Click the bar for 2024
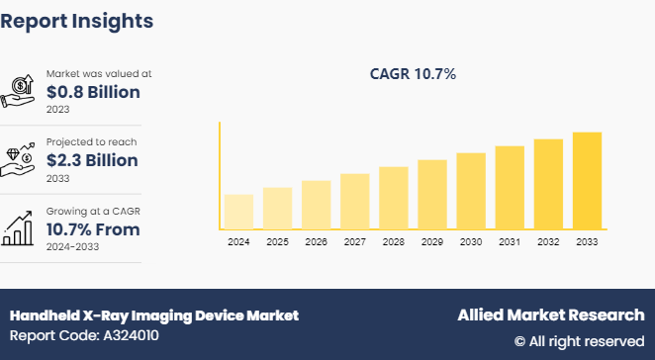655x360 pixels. pyautogui.click(x=238, y=212)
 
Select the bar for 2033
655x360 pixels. pyautogui.click(x=587, y=181)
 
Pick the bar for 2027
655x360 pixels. pyautogui.click(x=354, y=202)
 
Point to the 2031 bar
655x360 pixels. pyautogui.click(x=510, y=188)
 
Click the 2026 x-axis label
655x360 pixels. pyautogui.click(x=316, y=241)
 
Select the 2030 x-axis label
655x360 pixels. pyautogui.click(x=471, y=241)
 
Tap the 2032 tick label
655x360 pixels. pyautogui.click(x=548, y=241)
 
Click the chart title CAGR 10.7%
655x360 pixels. pyautogui.click(x=413, y=73)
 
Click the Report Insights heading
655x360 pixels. pyautogui.click(x=77, y=20)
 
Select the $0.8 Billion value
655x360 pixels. pyautogui.click(x=92, y=92)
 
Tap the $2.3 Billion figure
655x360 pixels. pyautogui.click(x=92, y=160)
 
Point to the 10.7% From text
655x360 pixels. pyautogui.click(x=93, y=229)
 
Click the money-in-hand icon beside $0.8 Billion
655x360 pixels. pyautogui.click(x=21, y=91)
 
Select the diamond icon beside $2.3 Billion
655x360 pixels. pyautogui.click(x=21, y=159)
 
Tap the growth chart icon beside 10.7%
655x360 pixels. pyautogui.click(x=21, y=226)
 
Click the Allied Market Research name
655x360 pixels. pyautogui.click(x=550, y=315)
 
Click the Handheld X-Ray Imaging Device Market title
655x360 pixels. pyautogui.click(x=153, y=315)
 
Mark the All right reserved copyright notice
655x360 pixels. pyautogui.click(x=579, y=341)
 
